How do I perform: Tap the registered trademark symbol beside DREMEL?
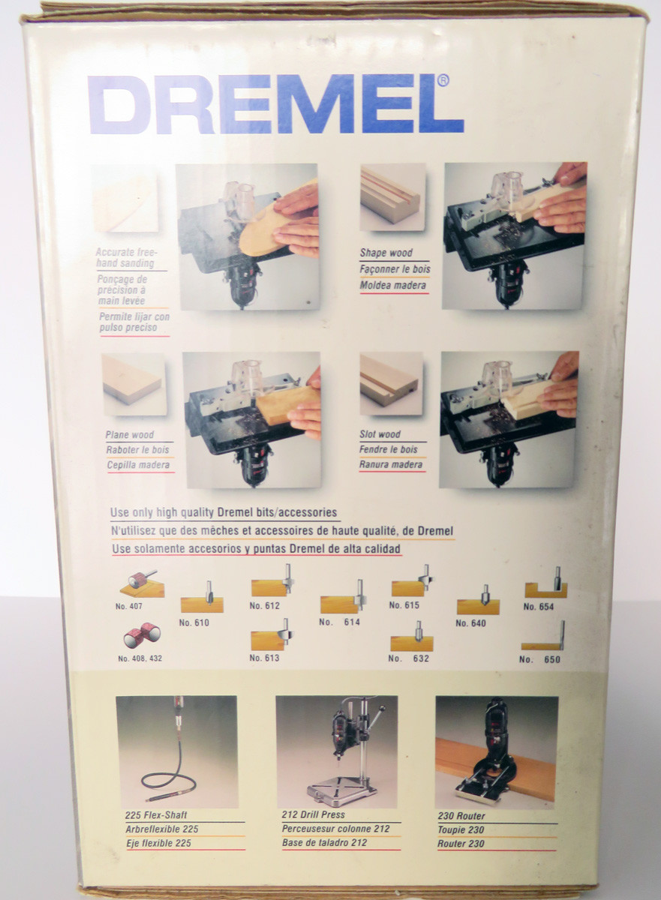coord(443,80)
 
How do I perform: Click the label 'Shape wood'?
coord(386,253)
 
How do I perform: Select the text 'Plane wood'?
coord(130,435)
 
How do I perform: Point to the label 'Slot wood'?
coord(380,434)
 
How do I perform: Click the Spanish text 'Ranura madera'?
coord(391,465)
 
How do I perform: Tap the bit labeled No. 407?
coord(140,582)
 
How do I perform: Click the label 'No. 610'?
coord(194,622)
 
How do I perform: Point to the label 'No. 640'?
coord(471,623)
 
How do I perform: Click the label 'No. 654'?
coord(539,607)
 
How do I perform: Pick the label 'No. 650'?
coord(539,659)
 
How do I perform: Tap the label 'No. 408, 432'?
coord(140,658)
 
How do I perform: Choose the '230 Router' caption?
coord(461,816)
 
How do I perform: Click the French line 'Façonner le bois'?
coord(395,269)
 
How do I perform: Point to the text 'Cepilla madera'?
coord(137,465)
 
